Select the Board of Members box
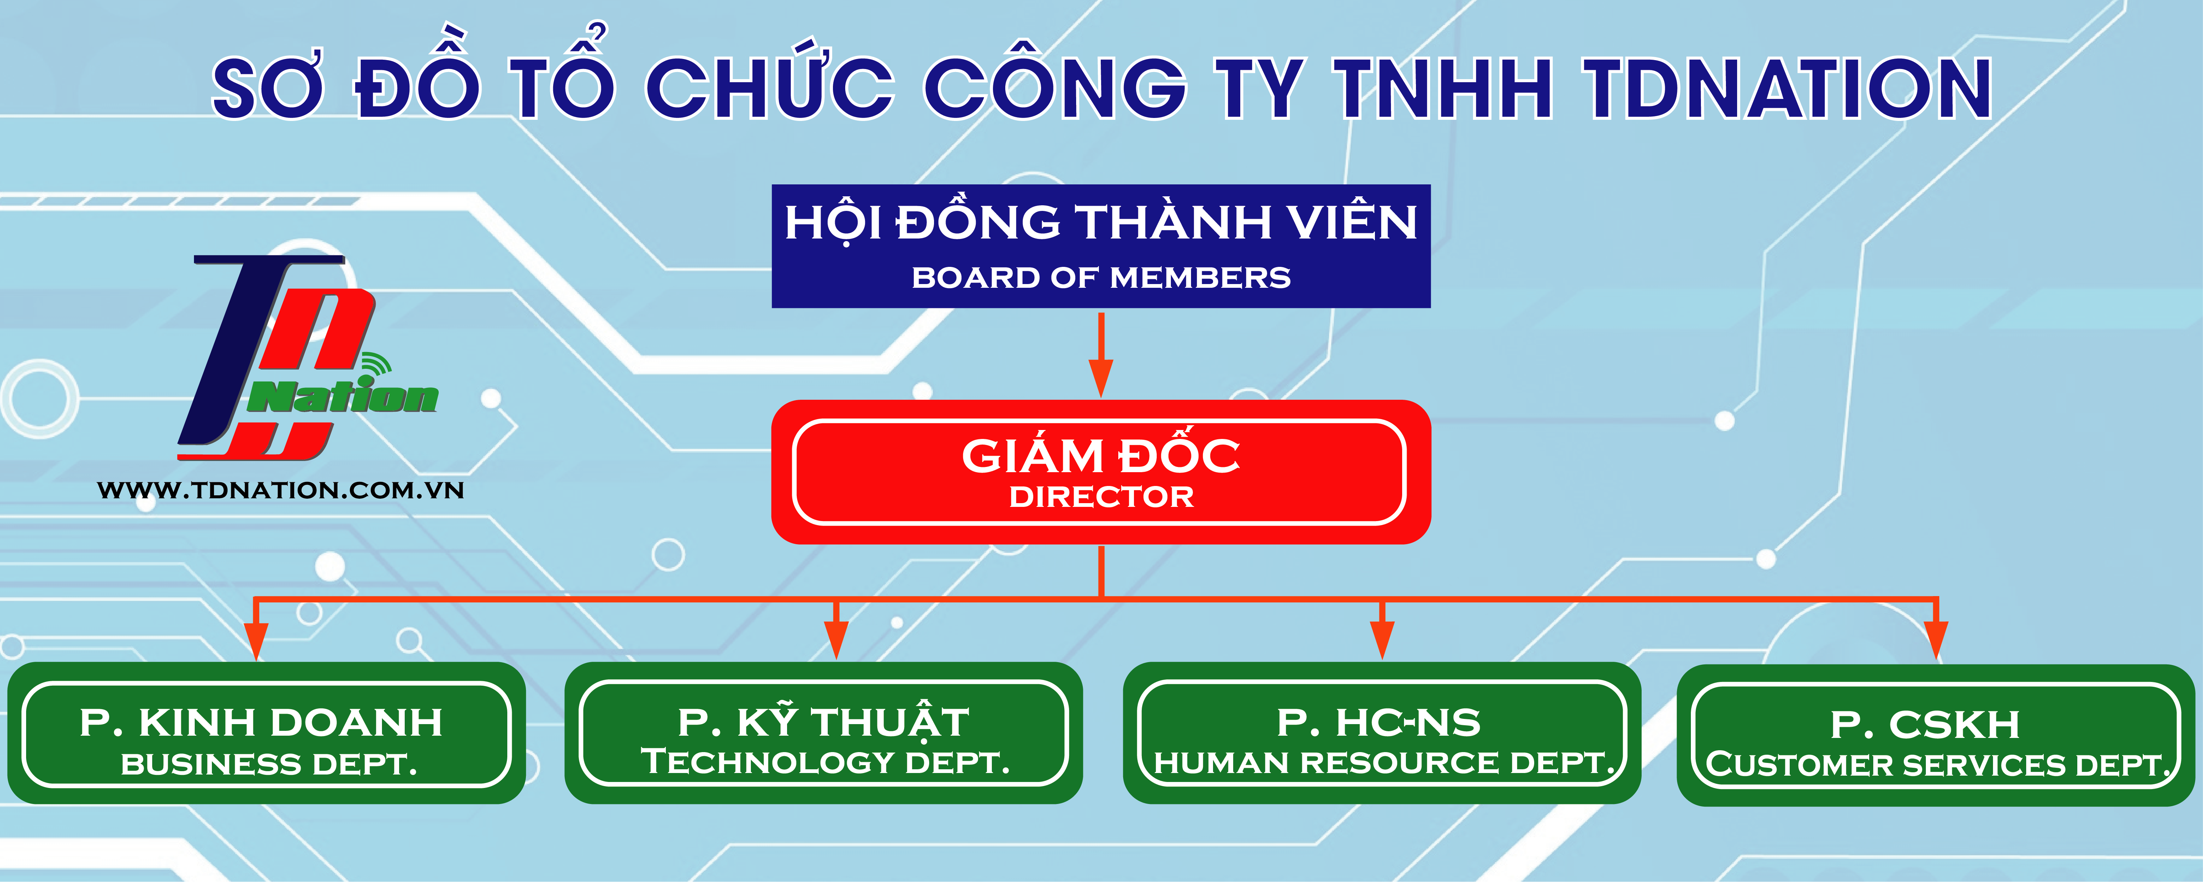point(1101,246)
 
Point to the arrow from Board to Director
point(1101,354)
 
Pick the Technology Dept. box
point(824,733)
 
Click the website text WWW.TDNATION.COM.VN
point(281,490)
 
